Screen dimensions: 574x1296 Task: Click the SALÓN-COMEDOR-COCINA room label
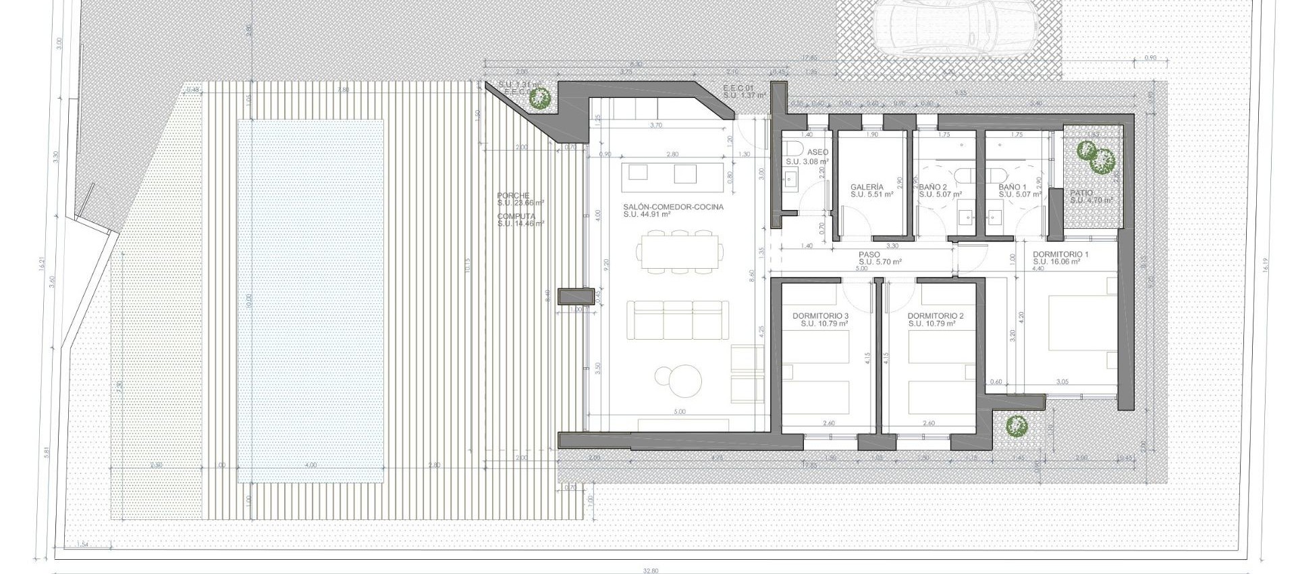click(673, 207)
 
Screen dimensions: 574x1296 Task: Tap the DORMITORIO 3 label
click(820, 316)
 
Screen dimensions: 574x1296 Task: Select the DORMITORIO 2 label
click(935, 316)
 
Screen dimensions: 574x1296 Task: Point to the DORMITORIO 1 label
click(1060, 255)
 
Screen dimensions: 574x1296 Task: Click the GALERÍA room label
click(867, 187)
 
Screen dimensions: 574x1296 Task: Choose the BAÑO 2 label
click(933, 187)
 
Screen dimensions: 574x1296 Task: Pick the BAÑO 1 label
click(1013, 187)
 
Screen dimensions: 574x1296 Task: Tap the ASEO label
click(817, 153)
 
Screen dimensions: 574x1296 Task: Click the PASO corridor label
click(869, 255)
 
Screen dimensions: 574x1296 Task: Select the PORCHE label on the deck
click(514, 195)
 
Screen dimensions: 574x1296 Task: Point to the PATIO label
click(1081, 193)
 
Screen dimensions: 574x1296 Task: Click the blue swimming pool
click(310, 301)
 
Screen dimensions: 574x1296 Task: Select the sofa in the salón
click(678, 320)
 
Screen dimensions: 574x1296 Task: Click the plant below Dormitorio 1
click(1016, 426)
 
